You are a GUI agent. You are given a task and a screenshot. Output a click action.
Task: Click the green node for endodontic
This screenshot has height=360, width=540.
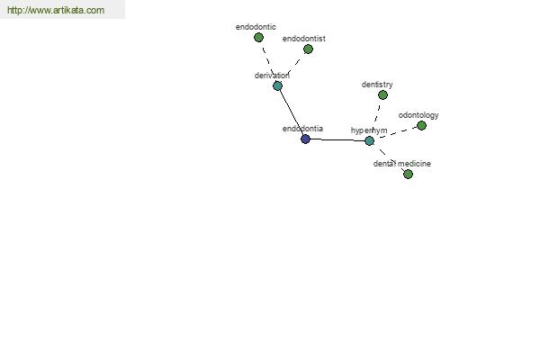tap(258, 38)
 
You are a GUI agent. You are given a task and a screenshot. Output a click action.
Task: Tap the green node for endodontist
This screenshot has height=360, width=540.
tap(308, 49)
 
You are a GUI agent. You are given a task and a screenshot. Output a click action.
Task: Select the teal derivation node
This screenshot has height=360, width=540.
tap(277, 85)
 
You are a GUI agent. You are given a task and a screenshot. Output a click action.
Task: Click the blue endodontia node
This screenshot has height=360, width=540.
tap(305, 139)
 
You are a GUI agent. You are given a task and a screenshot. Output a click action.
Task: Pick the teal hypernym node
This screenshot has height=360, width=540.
tap(369, 140)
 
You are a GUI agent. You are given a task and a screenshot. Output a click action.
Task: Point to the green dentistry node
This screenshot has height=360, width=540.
tap(382, 94)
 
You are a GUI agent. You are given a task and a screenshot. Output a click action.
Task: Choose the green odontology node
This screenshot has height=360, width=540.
tap(421, 125)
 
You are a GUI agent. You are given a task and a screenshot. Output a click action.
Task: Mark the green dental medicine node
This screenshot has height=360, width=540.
tap(408, 174)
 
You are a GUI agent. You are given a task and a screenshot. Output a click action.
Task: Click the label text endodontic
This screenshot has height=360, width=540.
tap(256, 27)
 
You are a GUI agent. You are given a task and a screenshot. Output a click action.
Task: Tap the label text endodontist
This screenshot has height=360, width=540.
tap(304, 39)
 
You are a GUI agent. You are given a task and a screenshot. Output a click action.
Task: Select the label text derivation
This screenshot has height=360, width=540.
tap(272, 76)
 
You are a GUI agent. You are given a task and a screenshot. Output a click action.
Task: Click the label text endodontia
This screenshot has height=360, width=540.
tap(302, 129)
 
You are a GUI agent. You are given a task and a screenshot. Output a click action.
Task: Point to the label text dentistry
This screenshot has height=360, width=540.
tap(377, 85)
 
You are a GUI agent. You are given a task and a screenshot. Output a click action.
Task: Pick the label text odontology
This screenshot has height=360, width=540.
tap(418, 115)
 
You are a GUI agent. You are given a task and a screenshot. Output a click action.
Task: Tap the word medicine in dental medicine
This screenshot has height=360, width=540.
tap(415, 164)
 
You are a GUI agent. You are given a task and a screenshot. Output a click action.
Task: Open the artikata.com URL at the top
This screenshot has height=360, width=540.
tap(56, 10)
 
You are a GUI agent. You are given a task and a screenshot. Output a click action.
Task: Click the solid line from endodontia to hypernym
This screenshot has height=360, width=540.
tap(337, 139)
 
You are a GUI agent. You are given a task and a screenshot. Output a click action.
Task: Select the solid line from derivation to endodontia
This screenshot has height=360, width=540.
tap(292, 112)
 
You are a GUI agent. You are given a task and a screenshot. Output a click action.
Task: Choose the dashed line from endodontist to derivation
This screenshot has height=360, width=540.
tap(293, 67)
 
